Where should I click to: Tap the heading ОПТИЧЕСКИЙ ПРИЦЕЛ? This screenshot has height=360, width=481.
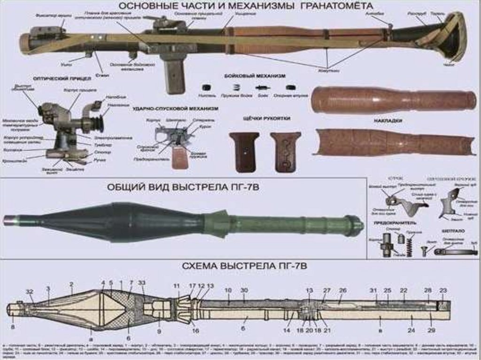(x=54, y=78)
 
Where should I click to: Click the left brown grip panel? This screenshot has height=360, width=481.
(x=244, y=151)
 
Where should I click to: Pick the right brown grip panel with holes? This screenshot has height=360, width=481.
(x=285, y=151)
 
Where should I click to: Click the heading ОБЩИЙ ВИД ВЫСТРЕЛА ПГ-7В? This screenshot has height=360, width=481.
(x=183, y=187)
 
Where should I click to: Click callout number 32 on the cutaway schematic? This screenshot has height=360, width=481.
(x=30, y=292)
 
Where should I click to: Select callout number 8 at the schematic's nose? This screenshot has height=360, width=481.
(x=13, y=327)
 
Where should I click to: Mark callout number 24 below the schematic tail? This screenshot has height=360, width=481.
(x=411, y=330)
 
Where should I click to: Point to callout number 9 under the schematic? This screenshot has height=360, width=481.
(x=159, y=331)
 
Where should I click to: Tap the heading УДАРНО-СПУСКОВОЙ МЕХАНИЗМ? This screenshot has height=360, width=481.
(x=176, y=108)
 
